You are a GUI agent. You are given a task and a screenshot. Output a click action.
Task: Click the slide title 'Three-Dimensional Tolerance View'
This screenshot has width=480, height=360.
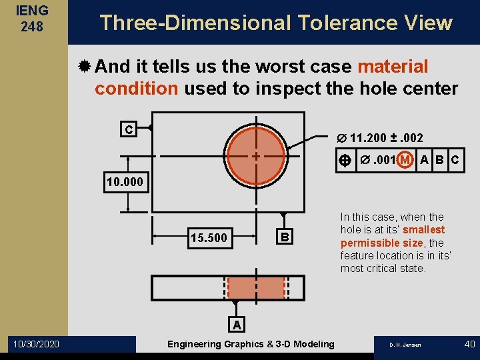point(275,23)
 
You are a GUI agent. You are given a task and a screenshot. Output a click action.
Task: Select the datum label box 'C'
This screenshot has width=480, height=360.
point(129,129)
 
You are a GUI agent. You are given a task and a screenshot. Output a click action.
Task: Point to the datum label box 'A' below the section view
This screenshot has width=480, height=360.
point(236,325)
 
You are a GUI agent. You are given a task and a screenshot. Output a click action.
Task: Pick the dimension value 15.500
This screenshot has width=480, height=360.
point(208,238)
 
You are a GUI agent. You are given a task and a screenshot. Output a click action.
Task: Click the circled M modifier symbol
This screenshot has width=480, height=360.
point(404,160)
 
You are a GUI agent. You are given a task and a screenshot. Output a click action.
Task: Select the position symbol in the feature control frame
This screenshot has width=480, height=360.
point(345,160)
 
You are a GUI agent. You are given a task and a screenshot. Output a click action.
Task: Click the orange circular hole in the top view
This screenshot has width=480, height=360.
point(256,156)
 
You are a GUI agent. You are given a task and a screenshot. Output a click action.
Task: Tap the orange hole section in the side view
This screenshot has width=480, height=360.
point(257,287)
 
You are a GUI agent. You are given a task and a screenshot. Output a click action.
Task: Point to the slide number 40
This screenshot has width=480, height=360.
point(469,344)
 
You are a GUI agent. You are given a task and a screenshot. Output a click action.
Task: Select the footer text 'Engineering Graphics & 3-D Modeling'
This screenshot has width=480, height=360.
point(251,344)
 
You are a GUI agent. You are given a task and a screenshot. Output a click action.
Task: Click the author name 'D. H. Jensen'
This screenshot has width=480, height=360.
point(405,345)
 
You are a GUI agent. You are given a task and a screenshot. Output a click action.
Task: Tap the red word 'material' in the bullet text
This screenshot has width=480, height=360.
point(393,67)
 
